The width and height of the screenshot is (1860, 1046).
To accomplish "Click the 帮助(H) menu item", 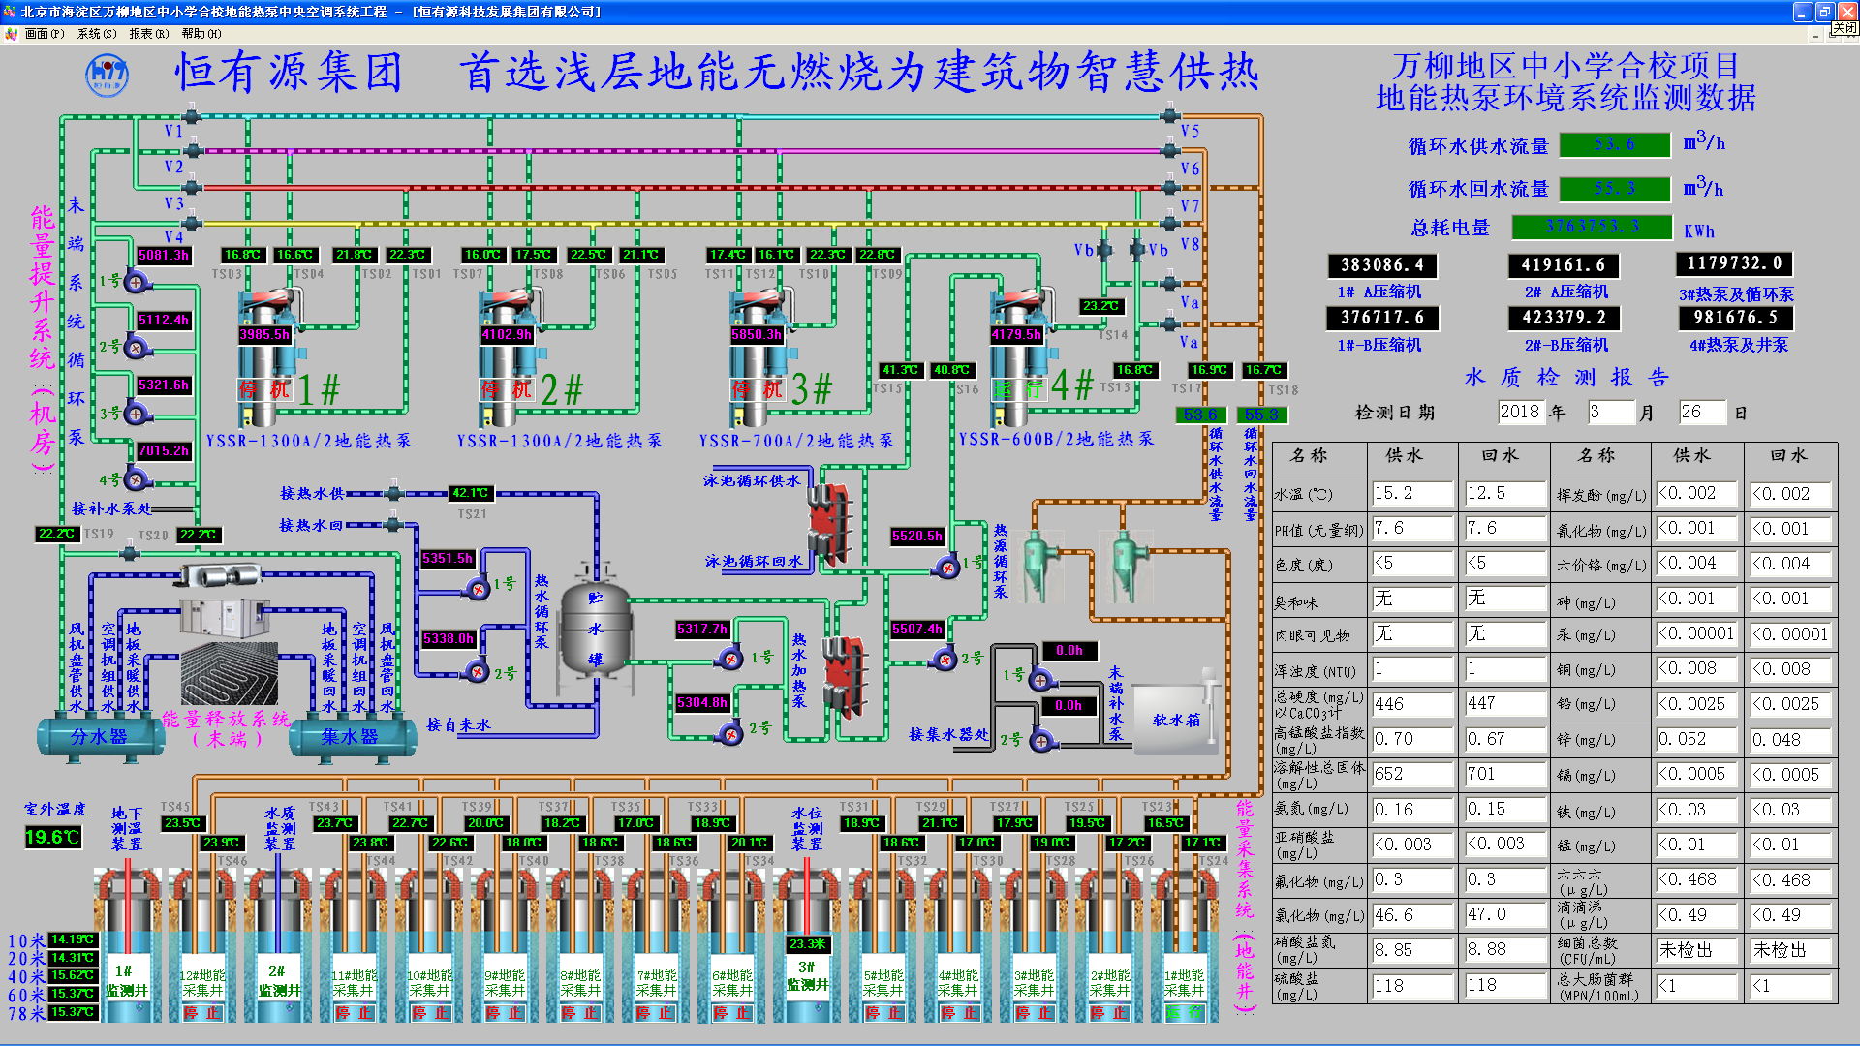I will click(201, 34).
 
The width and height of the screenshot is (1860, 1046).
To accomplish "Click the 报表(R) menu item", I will click(148, 34).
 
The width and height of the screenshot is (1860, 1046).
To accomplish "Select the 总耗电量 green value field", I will click(1592, 227).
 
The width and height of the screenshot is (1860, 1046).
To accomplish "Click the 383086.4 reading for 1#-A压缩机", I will click(1382, 265).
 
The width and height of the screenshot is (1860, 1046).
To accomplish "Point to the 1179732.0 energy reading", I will click(1734, 263).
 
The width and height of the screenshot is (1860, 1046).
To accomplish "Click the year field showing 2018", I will click(1520, 412).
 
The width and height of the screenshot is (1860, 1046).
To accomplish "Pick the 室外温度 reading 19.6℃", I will click(52, 837).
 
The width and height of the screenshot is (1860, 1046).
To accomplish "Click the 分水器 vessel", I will click(99, 737).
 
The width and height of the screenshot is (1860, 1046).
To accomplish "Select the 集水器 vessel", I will click(350, 737).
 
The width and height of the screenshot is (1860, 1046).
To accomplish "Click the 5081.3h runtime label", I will click(163, 255).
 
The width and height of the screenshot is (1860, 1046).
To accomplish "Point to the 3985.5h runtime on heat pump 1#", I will click(264, 334).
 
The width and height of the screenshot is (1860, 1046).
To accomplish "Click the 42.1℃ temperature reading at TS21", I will click(470, 493).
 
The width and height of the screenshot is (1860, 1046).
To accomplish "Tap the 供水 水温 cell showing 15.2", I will click(1411, 493).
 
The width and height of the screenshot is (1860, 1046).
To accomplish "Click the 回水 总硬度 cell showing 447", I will click(1503, 703).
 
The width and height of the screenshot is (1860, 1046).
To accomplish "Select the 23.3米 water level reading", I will click(808, 943).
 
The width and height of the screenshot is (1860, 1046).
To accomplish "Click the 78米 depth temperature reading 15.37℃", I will click(73, 1012).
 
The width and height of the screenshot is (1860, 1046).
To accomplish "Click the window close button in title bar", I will click(1845, 12).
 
